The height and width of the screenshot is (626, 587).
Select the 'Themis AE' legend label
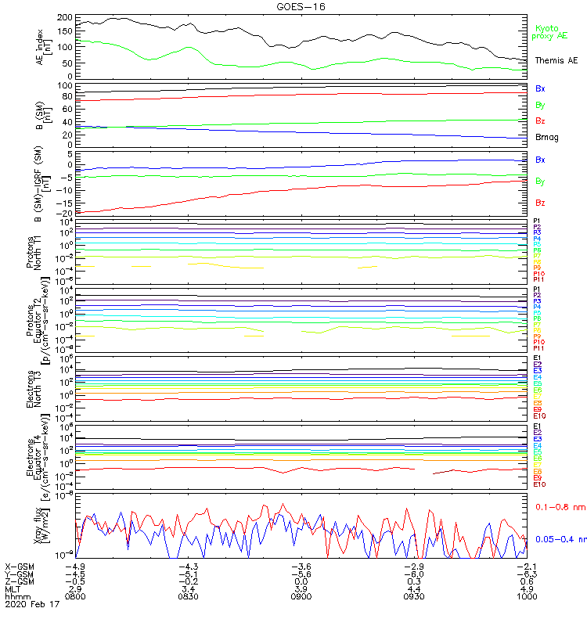(x=556, y=60)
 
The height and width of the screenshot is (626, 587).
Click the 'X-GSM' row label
(x=19, y=566)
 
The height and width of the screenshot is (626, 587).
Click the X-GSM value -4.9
(x=77, y=566)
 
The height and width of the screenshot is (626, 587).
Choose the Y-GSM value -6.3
(x=525, y=574)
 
